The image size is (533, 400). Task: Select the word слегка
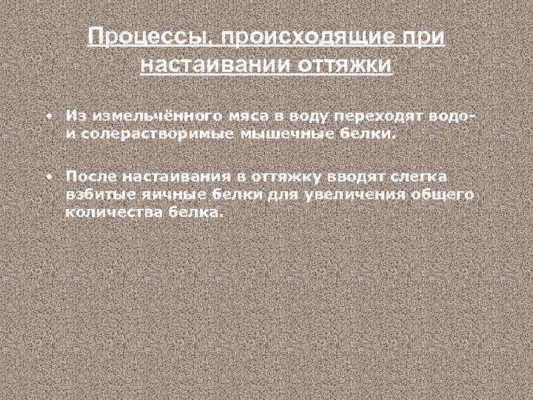(417, 177)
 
